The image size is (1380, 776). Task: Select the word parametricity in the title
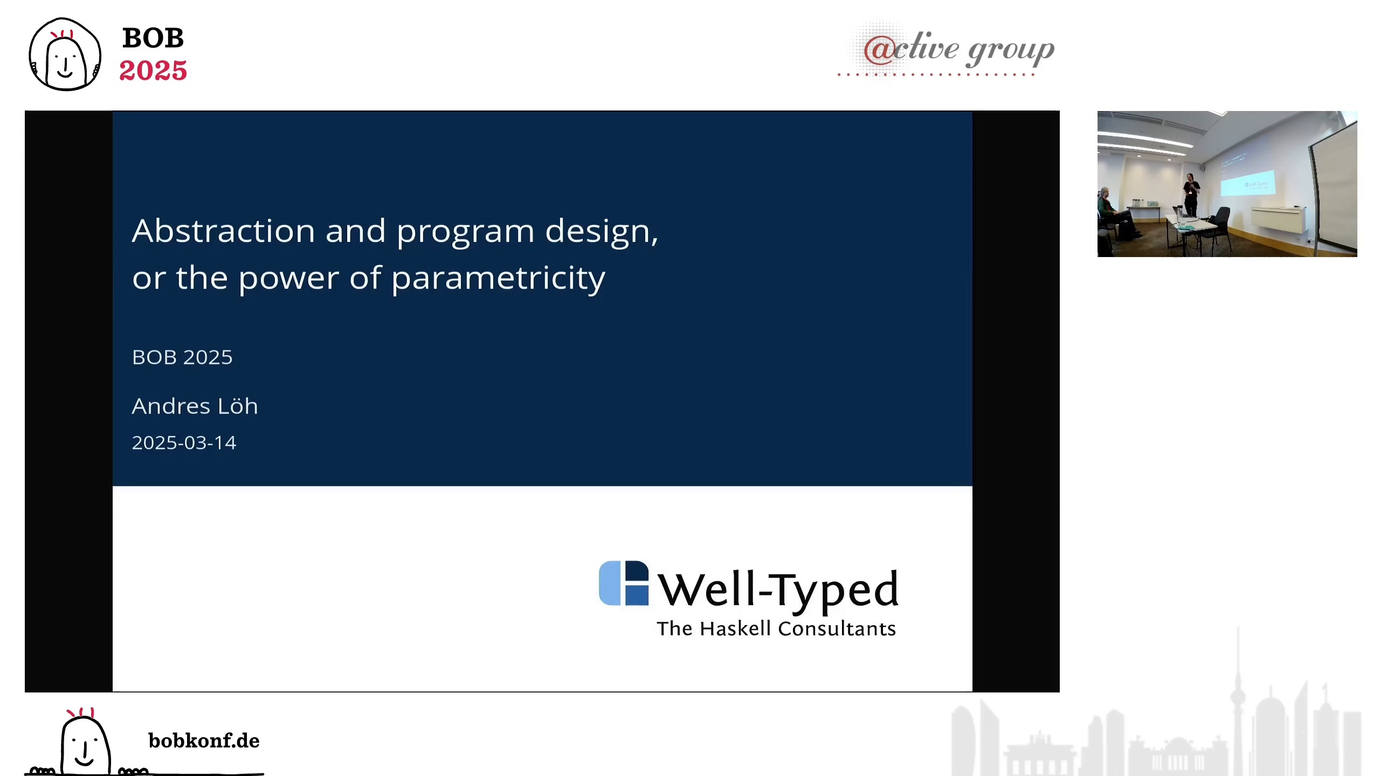click(x=498, y=279)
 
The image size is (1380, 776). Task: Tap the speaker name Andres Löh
click(x=195, y=406)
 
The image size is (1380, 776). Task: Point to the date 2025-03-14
click(x=184, y=442)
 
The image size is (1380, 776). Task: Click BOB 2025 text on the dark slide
click(x=182, y=357)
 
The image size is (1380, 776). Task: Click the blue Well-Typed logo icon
click(x=624, y=583)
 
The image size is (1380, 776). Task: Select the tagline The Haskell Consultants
click(x=776, y=629)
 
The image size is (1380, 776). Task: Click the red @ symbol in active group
click(x=879, y=50)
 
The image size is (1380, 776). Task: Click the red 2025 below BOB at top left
click(x=153, y=71)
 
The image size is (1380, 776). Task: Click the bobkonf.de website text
click(x=204, y=741)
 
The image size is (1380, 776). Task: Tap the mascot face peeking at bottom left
click(x=85, y=743)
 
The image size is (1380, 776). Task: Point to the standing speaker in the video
click(x=1191, y=195)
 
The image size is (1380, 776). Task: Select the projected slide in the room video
click(x=1247, y=183)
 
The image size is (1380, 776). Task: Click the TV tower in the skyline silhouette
click(x=1238, y=701)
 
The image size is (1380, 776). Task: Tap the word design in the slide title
click(x=602, y=232)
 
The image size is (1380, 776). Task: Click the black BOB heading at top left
click(x=154, y=38)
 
